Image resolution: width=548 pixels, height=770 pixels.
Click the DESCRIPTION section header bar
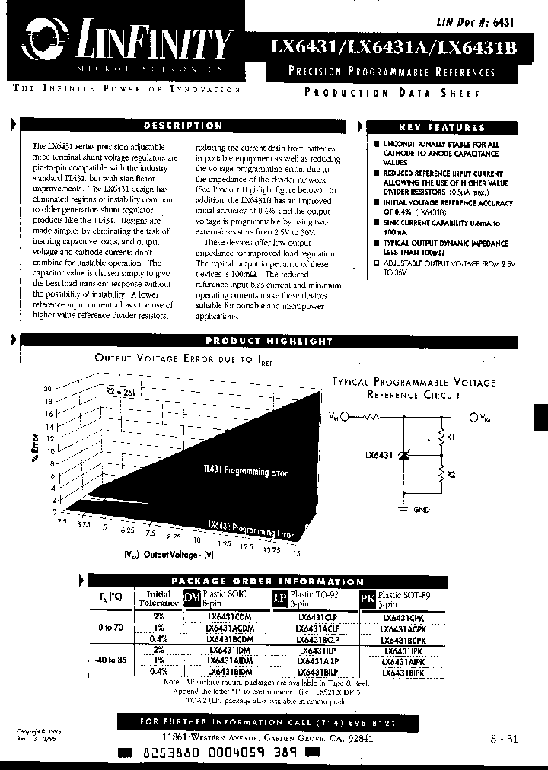pos(183,126)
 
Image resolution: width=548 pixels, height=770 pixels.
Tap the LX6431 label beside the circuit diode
pos(378,455)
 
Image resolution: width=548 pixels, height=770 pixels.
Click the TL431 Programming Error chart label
pos(245,472)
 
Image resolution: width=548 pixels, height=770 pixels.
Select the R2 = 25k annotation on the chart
pos(119,391)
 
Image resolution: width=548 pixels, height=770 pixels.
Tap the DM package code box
pos(192,599)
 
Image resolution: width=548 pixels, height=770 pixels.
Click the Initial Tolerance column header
pos(158,599)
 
